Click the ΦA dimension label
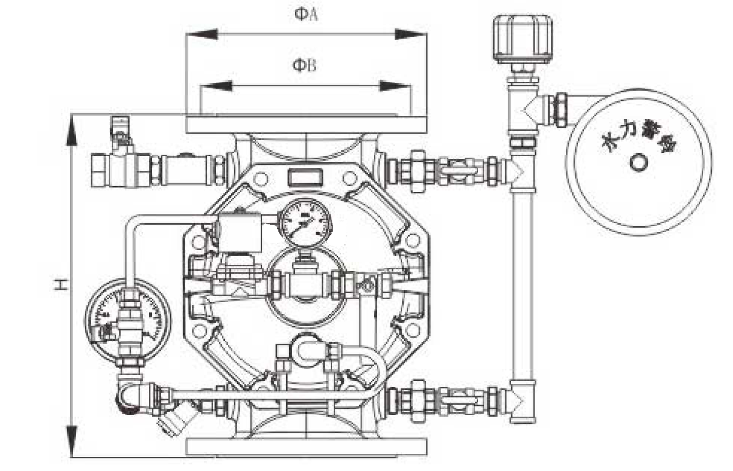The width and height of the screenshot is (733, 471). tap(306, 14)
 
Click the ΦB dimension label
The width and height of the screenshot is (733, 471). tap(305, 65)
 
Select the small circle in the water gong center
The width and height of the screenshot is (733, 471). tap(638, 163)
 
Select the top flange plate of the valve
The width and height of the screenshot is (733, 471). tap(306, 123)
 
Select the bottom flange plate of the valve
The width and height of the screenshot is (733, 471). tap(306, 446)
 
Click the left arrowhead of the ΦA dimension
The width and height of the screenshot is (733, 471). tap(201, 34)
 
